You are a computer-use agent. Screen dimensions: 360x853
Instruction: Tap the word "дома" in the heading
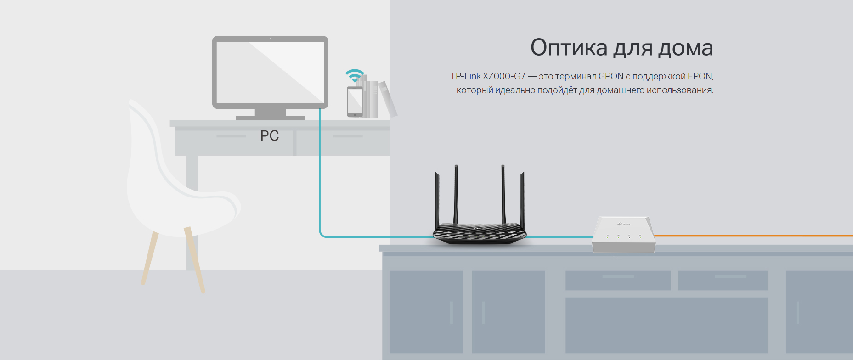(x=685, y=48)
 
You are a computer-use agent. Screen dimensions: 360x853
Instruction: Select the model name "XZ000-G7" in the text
(x=504, y=77)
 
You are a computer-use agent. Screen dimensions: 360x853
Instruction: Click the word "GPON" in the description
(x=610, y=77)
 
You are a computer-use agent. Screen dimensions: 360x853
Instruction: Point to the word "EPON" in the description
(x=700, y=77)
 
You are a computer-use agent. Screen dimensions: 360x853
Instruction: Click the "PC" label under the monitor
(x=270, y=136)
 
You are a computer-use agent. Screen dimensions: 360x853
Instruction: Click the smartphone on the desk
(x=355, y=101)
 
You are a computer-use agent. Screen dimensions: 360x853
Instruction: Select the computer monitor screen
(x=270, y=72)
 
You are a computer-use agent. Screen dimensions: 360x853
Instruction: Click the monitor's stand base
(x=270, y=118)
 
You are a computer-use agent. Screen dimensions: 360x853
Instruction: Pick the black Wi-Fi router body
(x=479, y=232)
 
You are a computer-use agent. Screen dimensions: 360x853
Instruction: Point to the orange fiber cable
(x=753, y=236)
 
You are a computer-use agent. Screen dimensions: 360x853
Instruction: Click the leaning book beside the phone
(x=388, y=99)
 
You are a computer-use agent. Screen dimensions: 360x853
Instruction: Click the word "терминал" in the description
(x=576, y=77)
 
